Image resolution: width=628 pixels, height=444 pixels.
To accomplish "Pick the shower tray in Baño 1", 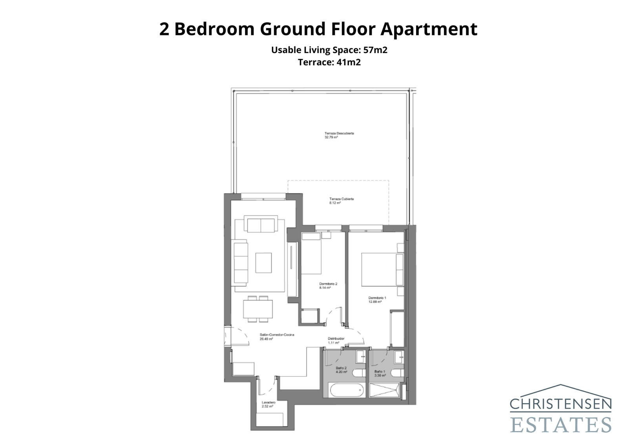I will click(x=384, y=390).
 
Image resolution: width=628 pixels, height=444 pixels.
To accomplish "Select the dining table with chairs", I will click(x=258, y=309).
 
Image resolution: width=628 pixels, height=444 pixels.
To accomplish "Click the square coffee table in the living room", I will click(x=263, y=263).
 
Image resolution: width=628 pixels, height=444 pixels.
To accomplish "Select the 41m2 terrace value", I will click(x=349, y=62).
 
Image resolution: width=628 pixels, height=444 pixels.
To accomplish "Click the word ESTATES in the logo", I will click(x=560, y=424).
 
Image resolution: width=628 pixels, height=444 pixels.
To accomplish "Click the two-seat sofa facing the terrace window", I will click(x=261, y=225).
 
